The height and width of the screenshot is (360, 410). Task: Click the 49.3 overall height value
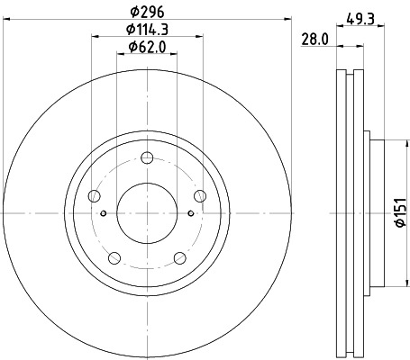coord(361,14)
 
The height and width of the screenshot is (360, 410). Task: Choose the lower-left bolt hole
coord(114,259)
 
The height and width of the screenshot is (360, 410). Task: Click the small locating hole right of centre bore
coord(190,213)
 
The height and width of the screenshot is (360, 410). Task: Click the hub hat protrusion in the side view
coord(373,213)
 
